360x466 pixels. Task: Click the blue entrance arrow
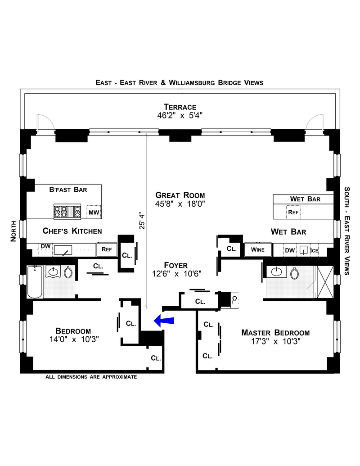(164, 321)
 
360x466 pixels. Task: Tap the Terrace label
(180, 107)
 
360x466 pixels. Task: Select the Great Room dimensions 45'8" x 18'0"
(180, 204)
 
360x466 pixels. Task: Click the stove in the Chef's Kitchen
(67, 212)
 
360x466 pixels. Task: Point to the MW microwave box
(94, 212)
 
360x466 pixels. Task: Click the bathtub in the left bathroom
(35, 282)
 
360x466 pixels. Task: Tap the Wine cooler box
(258, 249)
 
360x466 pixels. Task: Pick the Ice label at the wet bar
(314, 250)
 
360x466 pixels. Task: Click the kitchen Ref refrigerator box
(107, 249)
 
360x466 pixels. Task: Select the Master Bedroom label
(275, 333)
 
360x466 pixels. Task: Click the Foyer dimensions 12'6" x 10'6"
(177, 274)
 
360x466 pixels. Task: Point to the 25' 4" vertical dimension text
(142, 222)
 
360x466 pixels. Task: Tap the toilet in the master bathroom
(294, 273)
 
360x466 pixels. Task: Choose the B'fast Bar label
(68, 190)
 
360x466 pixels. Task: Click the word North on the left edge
(13, 231)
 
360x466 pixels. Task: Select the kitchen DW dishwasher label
(45, 246)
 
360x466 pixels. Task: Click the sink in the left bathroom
(53, 271)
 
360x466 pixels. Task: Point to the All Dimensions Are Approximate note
(91, 377)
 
